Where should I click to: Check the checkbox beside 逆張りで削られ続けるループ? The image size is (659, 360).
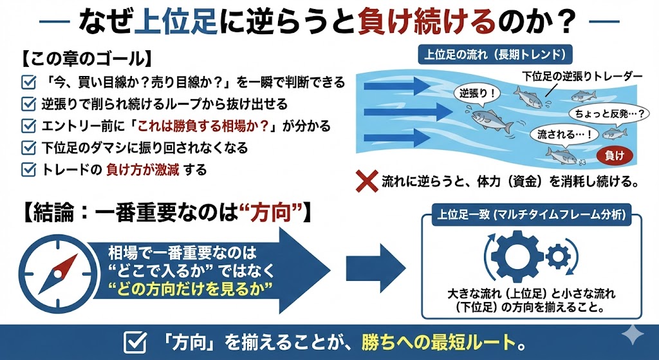click(x=28, y=104)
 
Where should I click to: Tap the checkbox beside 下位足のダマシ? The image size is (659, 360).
click(x=28, y=148)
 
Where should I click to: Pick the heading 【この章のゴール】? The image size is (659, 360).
click(x=87, y=59)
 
